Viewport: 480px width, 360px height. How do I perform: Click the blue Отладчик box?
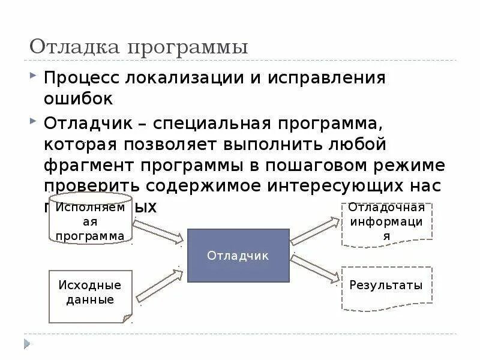pos(238,256)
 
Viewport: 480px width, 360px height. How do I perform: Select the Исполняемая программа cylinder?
pos(90,219)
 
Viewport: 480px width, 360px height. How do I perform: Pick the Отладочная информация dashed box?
pos(386,223)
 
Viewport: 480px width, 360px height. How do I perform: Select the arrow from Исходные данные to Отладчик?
pos(160,285)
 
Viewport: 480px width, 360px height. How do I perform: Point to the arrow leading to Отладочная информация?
pos(315,232)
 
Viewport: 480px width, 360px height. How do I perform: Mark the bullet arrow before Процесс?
pos(33,77)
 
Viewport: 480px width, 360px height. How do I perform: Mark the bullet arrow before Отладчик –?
pos(33,122)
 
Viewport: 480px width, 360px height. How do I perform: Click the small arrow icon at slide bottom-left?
pos(26,343)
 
